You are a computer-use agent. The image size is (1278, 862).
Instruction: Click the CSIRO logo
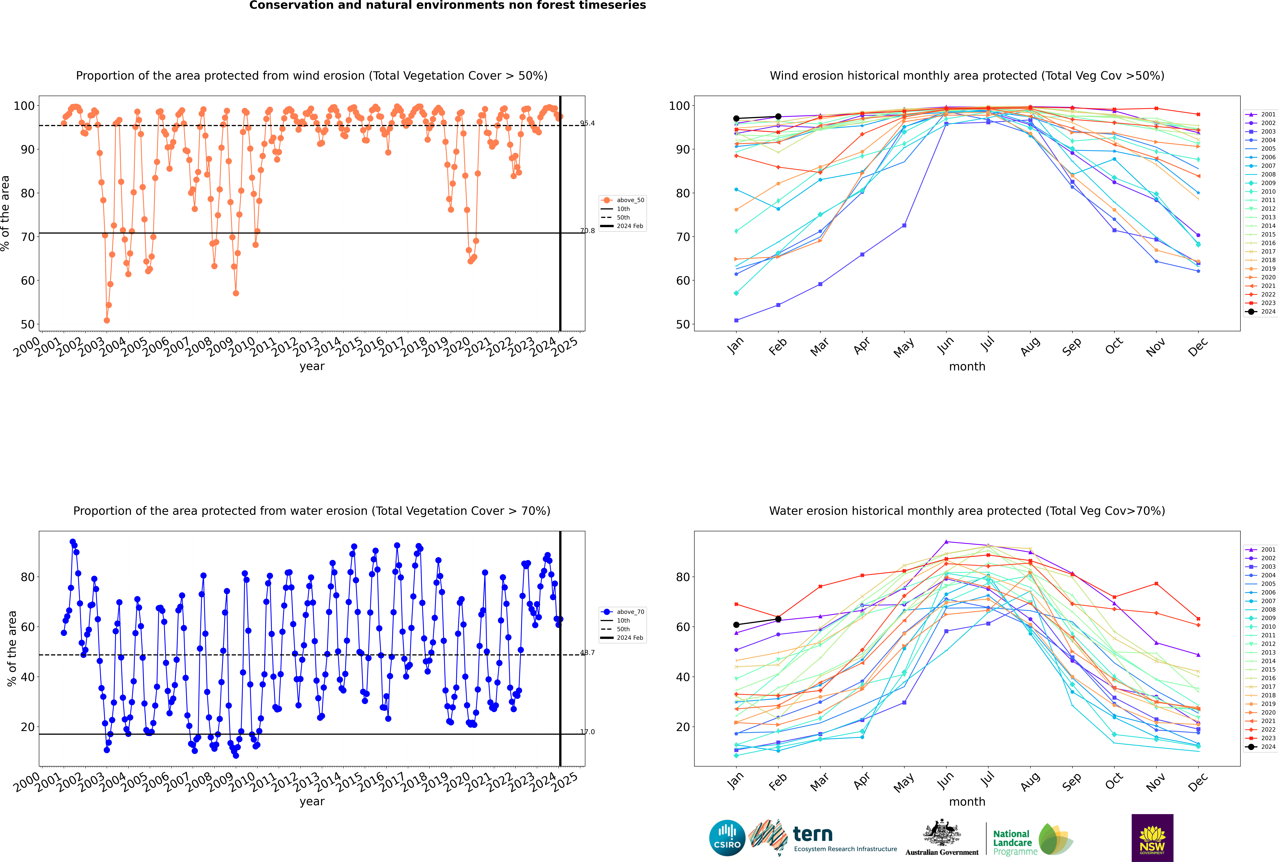coord(727,838)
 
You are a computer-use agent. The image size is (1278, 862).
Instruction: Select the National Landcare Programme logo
coord(1033,839)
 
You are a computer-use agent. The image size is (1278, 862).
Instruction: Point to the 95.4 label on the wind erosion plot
coord(587,123)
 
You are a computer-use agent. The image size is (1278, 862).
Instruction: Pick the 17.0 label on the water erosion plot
coord(587,732)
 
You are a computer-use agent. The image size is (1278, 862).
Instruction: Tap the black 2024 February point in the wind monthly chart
coord(778,117)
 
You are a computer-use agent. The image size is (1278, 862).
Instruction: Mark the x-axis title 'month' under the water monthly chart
coord(967,802)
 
